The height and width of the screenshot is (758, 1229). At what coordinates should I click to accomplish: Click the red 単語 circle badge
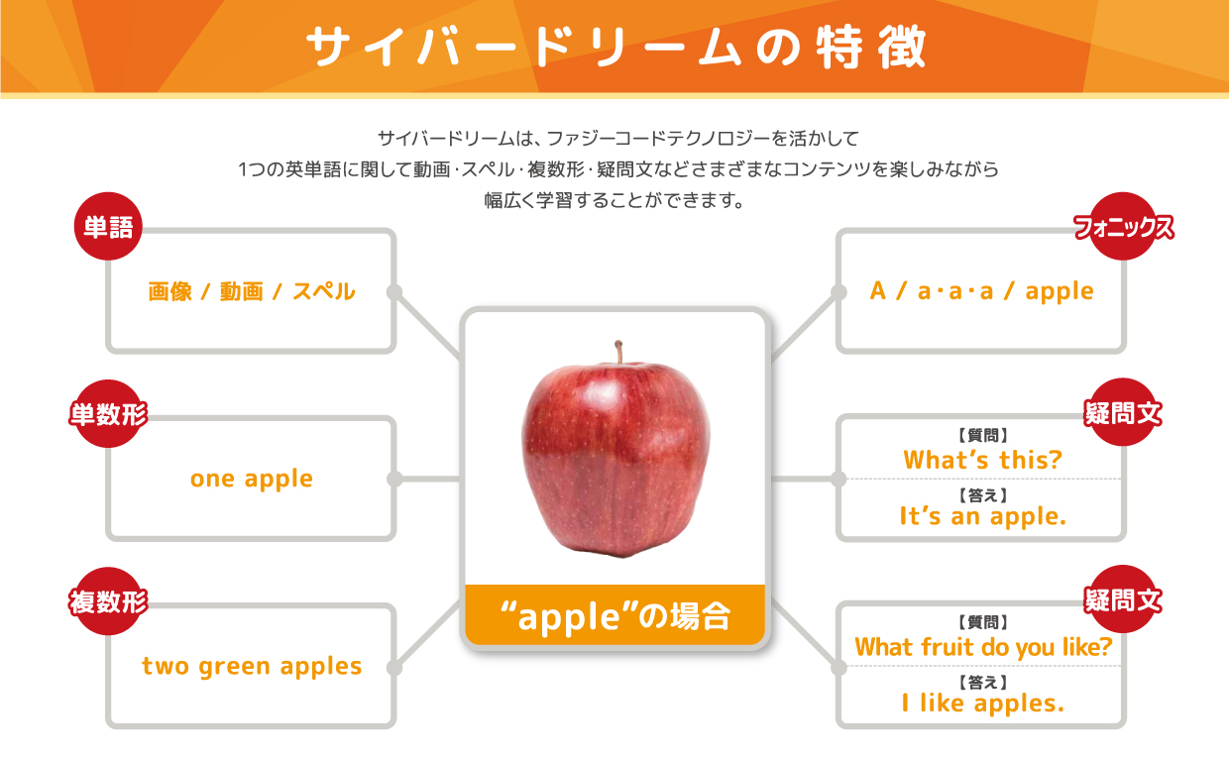108,226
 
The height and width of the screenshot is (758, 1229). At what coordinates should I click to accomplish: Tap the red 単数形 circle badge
108,413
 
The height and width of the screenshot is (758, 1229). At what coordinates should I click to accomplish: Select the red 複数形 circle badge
108,601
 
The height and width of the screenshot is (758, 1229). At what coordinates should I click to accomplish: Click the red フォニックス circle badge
1123,226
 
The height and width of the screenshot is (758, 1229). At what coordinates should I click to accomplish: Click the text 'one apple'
252,480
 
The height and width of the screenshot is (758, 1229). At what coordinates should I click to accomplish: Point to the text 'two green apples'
252,667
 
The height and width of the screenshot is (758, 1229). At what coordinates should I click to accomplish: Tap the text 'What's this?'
982,460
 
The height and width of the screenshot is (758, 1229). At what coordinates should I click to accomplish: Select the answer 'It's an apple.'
982,516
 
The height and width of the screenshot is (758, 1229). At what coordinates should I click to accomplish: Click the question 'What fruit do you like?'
983,647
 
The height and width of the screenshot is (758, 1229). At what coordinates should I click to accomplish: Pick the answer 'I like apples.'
982,704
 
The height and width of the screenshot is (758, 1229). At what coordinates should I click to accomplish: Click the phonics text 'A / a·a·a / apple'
981,291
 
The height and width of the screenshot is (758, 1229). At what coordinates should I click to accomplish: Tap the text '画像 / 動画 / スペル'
252,291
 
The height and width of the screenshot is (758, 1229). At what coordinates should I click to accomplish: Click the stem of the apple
618,351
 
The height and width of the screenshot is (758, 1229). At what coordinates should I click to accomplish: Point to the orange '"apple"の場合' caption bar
615,615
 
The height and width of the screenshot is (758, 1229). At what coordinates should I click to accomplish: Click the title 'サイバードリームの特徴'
616,48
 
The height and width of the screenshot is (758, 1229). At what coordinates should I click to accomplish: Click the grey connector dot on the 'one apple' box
393,479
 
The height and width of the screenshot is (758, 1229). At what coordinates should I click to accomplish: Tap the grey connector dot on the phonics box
838,292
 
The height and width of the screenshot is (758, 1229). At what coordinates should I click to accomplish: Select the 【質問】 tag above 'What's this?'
982,436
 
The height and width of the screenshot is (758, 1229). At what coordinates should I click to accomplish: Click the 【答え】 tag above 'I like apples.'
982,683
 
